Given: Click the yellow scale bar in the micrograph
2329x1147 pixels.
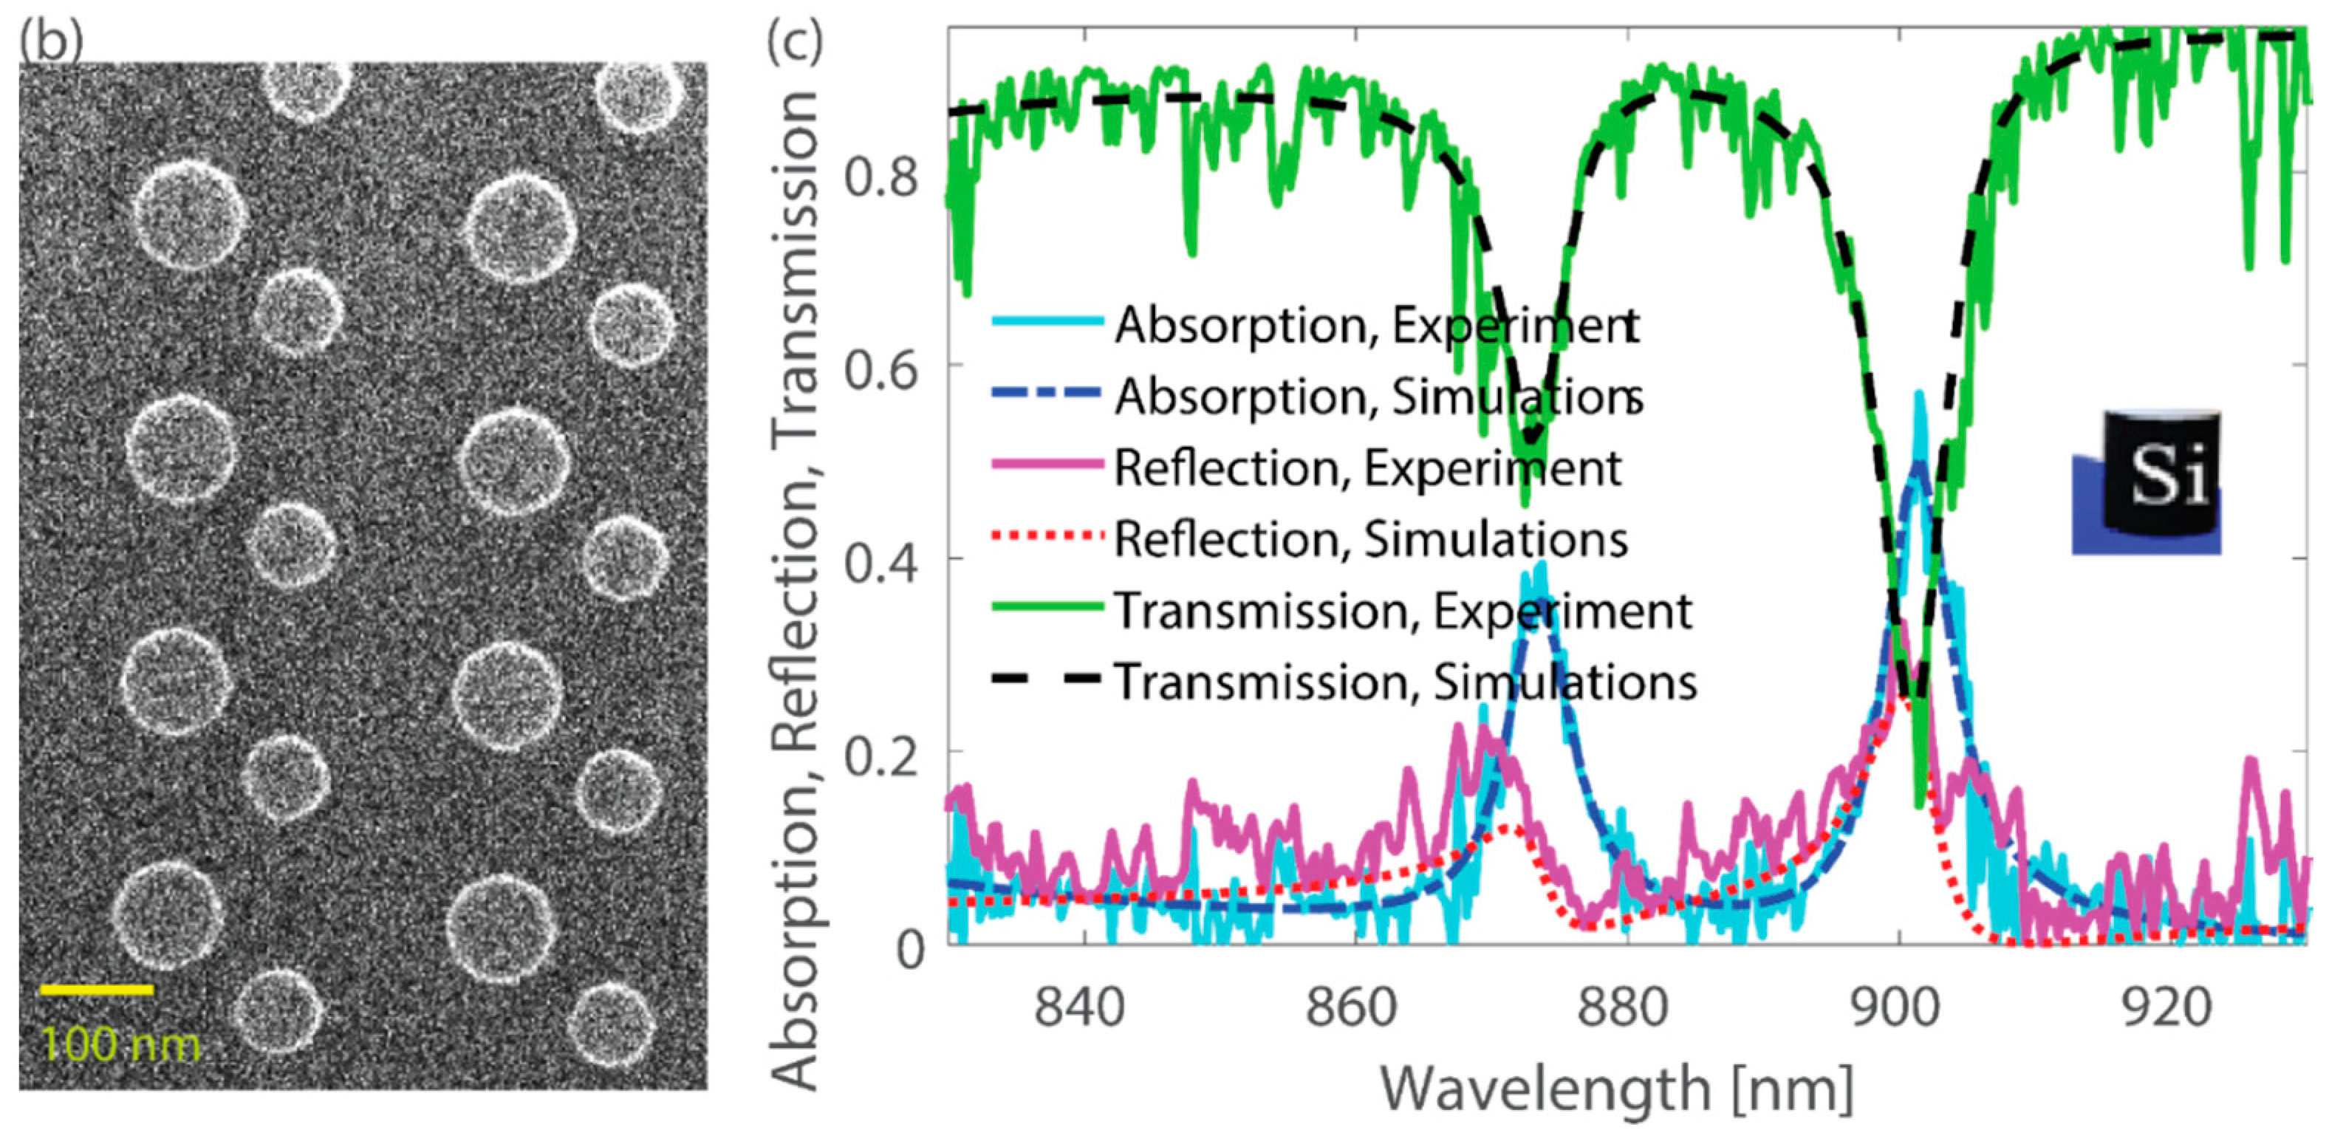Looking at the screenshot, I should [x=97, y=990].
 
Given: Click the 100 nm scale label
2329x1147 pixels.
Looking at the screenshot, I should [x=120, y=1046].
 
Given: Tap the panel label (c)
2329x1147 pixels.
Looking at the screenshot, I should [x=794, y=41].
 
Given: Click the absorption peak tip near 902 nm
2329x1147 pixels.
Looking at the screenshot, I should [x=1918, y=396].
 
